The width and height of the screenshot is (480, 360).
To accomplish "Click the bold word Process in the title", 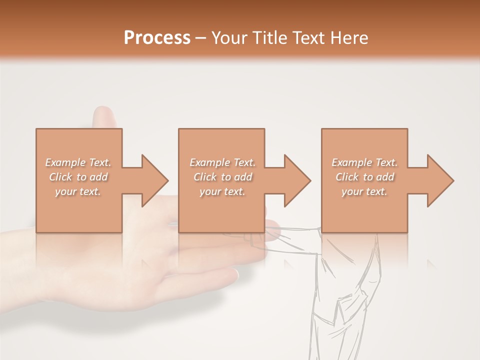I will tap(157, 37).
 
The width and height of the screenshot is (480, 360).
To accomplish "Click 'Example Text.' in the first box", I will tap(78, 162).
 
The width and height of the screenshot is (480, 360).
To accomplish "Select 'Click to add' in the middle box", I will tap(222, 177).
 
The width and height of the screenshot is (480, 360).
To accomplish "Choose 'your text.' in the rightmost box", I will tap(364, 191).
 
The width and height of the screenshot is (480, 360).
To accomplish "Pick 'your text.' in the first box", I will tap(78, 191).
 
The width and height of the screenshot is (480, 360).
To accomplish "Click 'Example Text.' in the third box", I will tap(364, 162).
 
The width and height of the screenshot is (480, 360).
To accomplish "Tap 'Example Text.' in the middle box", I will tap(222, 162).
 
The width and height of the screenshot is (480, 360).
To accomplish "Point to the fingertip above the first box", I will tap(103, 114).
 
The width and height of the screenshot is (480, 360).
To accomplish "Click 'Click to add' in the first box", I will tap(78, 177).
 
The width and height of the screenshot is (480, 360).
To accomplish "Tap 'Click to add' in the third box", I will tap(364, 177).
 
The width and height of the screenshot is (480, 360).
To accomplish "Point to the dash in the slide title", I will tap(200, 38).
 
